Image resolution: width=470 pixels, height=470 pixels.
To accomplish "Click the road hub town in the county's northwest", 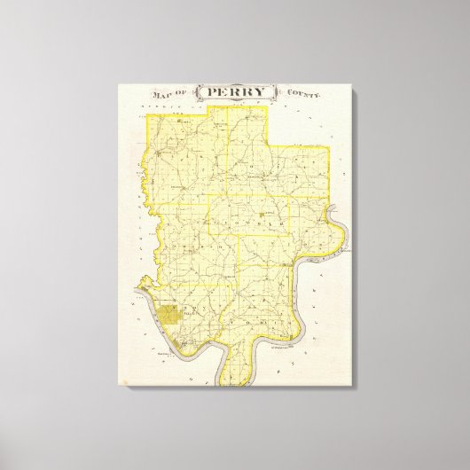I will pyautogui.click(x=160, y=155).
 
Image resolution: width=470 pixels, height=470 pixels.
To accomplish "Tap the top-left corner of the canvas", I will pyautogui.click(x=118, y=83).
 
